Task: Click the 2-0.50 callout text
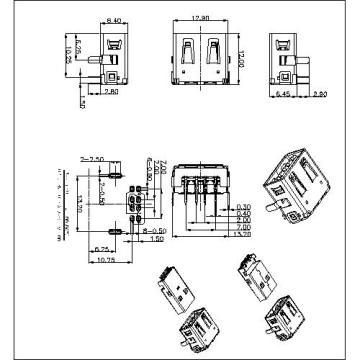[104, 191]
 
